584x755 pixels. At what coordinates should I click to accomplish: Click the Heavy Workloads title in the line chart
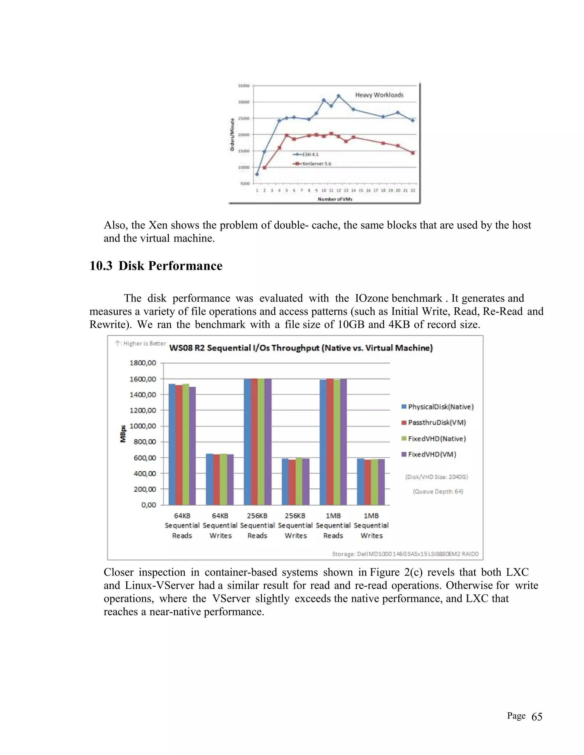pos(379,95)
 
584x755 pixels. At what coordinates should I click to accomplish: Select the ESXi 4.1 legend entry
pos(310,154)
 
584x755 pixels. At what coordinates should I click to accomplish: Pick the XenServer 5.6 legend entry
pos(316,164)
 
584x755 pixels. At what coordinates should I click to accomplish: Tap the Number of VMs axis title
pos(334,199)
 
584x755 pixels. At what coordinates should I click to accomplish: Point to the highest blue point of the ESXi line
pos(338,96)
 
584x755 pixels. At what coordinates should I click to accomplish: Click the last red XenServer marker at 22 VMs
pos(413,153)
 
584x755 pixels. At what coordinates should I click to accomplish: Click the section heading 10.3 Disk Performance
pos(156,266)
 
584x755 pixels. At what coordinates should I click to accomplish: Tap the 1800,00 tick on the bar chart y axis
pos(143,363)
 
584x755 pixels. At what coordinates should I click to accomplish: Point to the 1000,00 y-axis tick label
pos(143,426)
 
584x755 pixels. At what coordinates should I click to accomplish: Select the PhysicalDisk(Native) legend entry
pos(440,407)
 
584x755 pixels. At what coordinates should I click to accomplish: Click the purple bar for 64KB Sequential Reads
pos(192,446)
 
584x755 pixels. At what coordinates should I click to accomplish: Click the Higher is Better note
pos(141,343)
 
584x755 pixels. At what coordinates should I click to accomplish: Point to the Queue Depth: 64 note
pos(438,491)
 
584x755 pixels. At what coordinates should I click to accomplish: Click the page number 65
pos(537,717)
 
